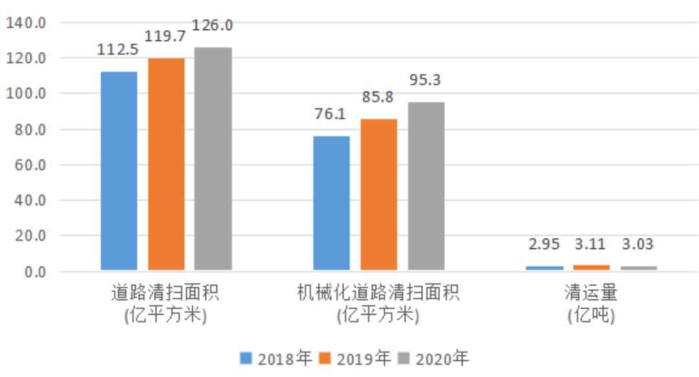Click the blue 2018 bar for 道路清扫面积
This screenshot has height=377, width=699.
[x=119, y=171]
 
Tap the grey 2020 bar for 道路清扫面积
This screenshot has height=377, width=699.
[x=213, y=159]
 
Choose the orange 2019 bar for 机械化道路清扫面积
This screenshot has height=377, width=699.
[x=379, y=194]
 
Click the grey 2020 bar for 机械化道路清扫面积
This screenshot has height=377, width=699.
[x=426, y=186]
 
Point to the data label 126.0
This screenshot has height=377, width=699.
[x=213, y=27]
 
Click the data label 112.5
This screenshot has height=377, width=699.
[x=118, y=50]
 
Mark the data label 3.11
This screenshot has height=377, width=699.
[x=591, y=245]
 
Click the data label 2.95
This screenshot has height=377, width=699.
[x=544, y=245]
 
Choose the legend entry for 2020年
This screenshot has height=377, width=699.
[x=433, y=358]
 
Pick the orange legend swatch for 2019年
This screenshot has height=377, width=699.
[x=326, y=358]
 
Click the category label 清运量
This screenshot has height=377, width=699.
[x=591, y=293]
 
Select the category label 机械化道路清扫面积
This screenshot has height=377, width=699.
[x=379, y=293]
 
